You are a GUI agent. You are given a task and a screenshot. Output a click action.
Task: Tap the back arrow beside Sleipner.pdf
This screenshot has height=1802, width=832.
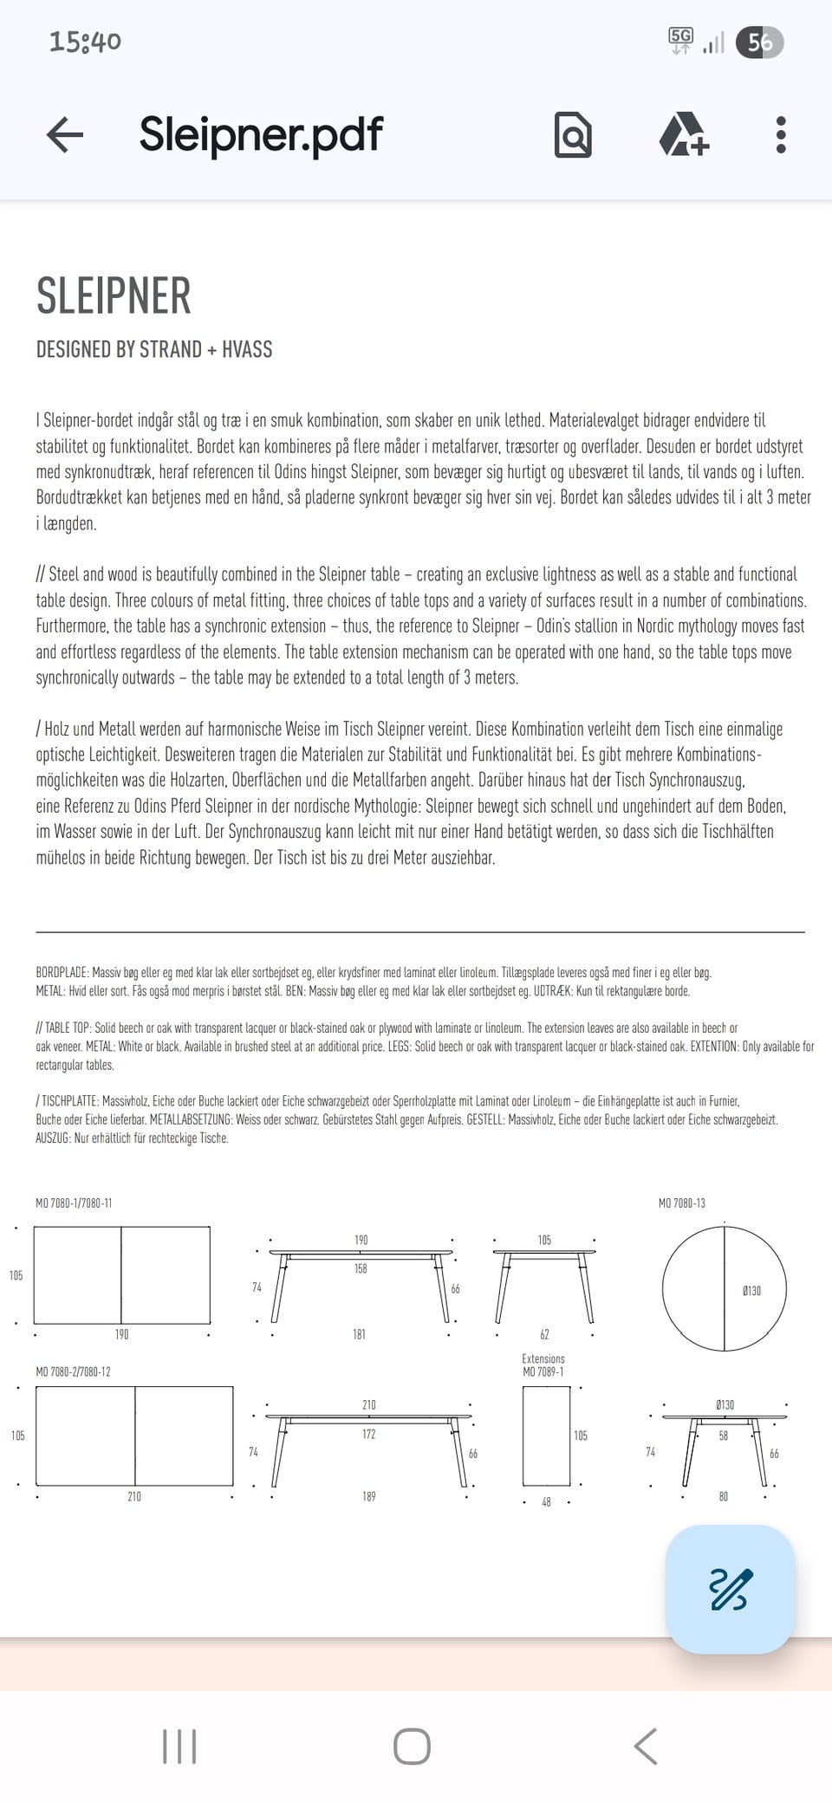[x=65, y=135]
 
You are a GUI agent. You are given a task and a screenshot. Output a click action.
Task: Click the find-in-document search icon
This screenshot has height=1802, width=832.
[x=573, y=135]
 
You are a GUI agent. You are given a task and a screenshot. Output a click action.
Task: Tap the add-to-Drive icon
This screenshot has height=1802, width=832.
[x=684, y=135]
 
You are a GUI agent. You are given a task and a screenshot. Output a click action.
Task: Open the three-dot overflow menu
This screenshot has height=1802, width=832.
[x=781, y=135]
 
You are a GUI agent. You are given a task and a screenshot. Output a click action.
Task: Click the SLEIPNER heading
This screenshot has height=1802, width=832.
[x=114, y=296]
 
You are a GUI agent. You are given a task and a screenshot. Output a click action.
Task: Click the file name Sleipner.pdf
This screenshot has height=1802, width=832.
[x=261, y=134]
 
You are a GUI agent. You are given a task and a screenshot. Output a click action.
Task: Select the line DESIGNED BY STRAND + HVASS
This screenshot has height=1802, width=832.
[x=154, y=350]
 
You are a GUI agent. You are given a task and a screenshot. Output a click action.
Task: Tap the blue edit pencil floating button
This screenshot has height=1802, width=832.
[x=730, y=1589]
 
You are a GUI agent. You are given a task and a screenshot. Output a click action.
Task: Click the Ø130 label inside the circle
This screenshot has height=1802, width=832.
[x=751, y=1291]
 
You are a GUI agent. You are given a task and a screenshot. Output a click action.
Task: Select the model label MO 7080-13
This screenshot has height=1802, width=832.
[x=682, y=1203]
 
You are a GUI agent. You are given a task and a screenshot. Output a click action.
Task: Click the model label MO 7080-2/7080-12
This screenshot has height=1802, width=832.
[x=73, y=1372]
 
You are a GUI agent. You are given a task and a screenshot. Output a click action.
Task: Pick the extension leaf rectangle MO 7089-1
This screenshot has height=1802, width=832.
[x=546, y=1436]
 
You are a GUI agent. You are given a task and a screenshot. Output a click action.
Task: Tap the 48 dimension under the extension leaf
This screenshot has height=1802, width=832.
[x=546, y=1502]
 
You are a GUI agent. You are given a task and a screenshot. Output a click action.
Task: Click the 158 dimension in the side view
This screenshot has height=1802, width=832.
[x=361, y=1269]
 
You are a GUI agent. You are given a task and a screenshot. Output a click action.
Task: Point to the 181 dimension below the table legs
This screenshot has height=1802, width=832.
[x=359, y=1335]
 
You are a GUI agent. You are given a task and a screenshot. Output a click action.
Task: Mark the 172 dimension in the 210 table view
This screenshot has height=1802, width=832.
[x=369, y=1435]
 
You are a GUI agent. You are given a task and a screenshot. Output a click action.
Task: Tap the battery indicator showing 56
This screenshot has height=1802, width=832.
[x=759, y=42]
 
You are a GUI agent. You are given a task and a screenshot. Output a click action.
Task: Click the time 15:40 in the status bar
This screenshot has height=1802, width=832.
[x=85, y=42]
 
